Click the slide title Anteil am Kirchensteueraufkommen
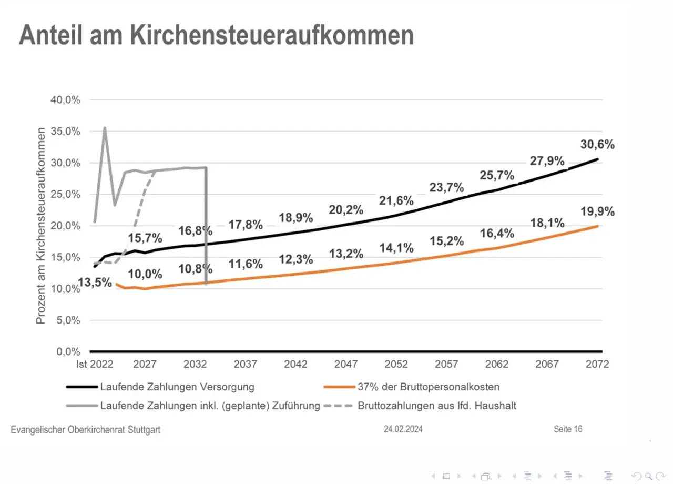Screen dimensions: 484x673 point(216,36)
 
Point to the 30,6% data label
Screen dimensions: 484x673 point(597,145)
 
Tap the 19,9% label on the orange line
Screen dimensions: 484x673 point(597,212)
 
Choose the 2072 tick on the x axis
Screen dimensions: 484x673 point(597,364)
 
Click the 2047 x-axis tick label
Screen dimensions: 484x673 point(346,364)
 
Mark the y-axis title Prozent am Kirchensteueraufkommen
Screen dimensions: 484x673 point(41,226)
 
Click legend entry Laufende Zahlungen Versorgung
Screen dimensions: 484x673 point(177,387)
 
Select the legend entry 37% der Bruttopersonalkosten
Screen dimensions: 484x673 point(428,387)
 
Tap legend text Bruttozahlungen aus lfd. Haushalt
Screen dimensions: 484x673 point(437,406)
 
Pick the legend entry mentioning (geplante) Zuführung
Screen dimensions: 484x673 point(209,406)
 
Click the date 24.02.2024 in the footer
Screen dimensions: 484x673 point(403,429)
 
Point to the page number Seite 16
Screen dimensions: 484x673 point(568,429)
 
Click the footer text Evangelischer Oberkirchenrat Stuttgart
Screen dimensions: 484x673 point(86,430)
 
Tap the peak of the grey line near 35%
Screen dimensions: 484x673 point(105,128)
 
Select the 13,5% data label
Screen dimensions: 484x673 point(95,283)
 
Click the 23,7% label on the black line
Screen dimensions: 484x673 point(446,188)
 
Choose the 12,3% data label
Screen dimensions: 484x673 point(296,259)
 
